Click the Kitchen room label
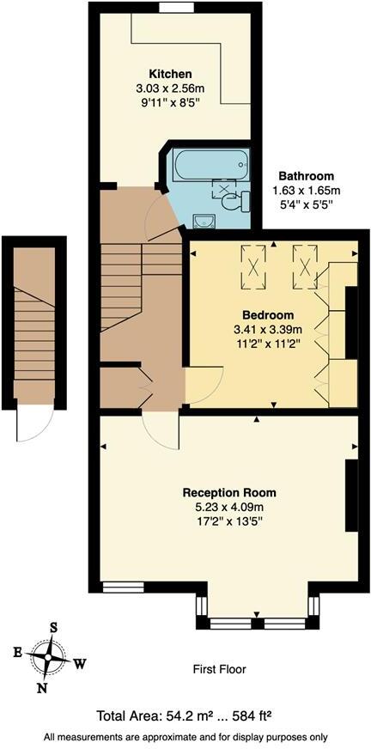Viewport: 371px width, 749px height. pos(170,73)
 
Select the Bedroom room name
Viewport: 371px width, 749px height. pos(268,314)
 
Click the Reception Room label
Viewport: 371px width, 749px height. pos(229,492)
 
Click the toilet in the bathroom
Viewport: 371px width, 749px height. pos(234,201)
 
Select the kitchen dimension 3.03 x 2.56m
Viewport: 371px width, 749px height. pos(170,88)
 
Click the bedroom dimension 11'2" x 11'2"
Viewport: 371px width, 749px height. pos(268,344)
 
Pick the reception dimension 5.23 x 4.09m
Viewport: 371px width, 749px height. pos(229,507)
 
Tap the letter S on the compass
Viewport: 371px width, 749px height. pos(53,628)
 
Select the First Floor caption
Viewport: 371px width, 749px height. pos(220,668)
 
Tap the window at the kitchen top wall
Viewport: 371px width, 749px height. pos(175,8)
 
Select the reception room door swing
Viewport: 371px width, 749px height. pos(160,429)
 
